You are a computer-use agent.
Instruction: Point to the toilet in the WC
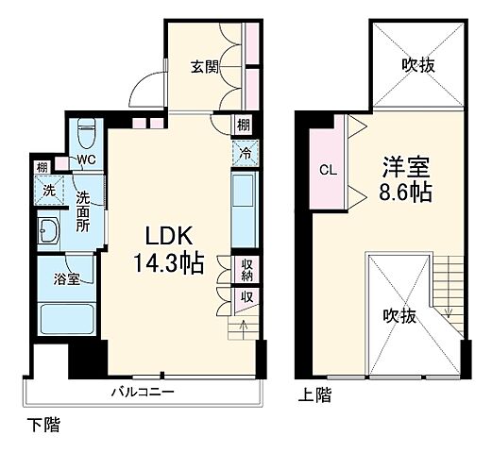point(87,126)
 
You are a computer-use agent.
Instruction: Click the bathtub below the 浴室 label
point(62,319)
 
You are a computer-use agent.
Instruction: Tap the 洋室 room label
point(406,168)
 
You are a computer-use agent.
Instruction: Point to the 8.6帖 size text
point(408,195)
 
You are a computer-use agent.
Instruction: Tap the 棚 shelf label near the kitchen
point(244,125)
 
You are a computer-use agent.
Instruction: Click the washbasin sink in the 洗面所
point(48,230)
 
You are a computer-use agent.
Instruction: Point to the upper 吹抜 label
point(416,66)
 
